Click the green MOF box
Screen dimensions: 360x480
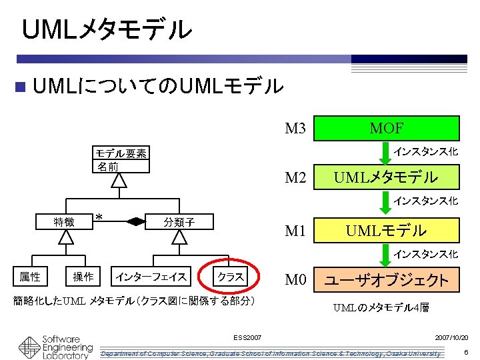click(x=387, y=127)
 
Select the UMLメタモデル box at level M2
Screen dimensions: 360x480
click(x=387, y=177)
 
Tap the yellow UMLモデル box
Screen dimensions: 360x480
click(x=387, y=231)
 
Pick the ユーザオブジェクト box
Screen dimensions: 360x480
click(x=387, y=280)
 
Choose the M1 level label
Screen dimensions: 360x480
click(x=295, y=231)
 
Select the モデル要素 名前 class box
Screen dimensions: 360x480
click(x=120, y=160)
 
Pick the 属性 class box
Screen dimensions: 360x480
click(x=29, y=276)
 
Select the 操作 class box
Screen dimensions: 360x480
click(x=83, y=276)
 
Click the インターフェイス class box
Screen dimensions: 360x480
click(x=151, y=276)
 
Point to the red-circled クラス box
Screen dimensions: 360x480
click(x=231, y=276)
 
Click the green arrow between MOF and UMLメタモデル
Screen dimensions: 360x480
click(x=385, y=155)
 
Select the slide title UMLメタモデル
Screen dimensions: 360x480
click(x=107, y=29)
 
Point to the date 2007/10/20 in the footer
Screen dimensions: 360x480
click(x=451, y=338)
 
